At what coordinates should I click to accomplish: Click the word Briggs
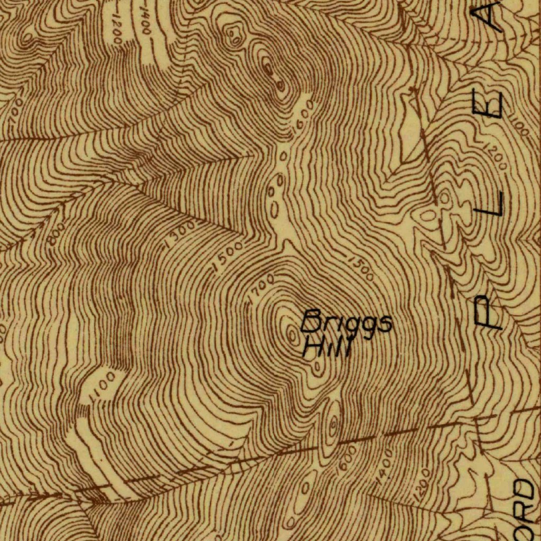click(347, 323)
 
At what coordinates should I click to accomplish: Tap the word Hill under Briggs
click(327, 348)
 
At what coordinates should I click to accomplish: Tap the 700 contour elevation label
click(16, 111)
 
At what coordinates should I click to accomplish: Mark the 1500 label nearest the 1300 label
click(228, 257)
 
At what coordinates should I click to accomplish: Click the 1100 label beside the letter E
click(520, 126)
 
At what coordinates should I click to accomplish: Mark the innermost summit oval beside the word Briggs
click(291, 333)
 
